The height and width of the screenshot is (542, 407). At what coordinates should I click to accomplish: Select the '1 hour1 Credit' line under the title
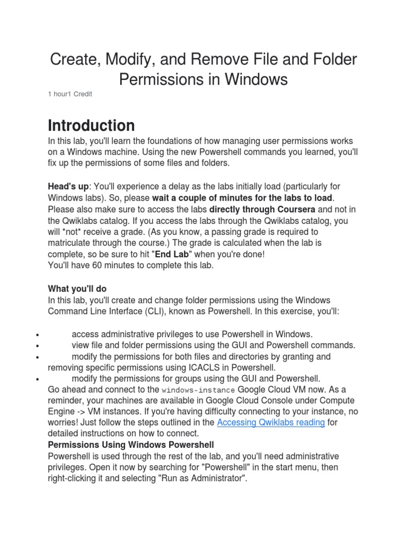[70, 94]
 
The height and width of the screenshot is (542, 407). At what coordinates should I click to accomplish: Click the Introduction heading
[91, 126]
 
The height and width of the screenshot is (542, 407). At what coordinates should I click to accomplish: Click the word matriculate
[73, 243]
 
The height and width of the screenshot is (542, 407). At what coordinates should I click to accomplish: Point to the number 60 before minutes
[101, 265]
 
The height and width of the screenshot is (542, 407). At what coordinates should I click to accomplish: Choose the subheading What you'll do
[77, 288]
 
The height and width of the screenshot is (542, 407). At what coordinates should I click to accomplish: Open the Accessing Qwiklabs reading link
[271, 422]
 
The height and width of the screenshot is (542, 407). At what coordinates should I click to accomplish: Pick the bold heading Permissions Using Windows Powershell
[131, 445]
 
